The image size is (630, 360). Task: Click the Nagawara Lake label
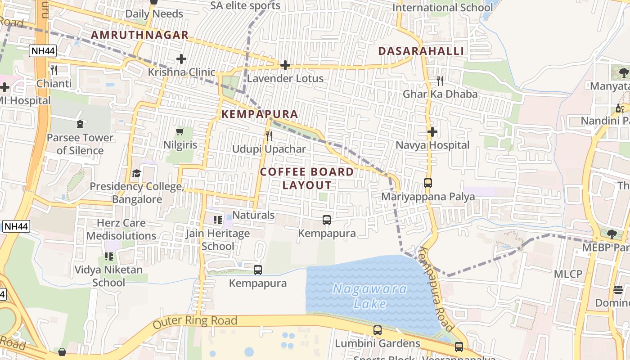(370, 296)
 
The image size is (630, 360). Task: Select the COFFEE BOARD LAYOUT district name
(307, 178)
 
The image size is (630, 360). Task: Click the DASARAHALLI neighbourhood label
(421, 51)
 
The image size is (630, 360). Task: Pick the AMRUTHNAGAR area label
(139, 35)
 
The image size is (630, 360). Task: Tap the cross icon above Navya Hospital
(432, 132)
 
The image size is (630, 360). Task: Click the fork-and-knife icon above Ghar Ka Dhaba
(440, 81)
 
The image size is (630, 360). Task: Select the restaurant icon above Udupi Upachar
(269, 135)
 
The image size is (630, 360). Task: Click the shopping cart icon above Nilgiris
(180, 131)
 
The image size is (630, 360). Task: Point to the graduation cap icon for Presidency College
(136, 173)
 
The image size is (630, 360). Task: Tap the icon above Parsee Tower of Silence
(80, 124)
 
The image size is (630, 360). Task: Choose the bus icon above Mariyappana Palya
(428, 183)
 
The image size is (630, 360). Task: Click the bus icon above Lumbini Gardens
(378, 330)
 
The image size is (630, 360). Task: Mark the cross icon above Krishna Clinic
(181, 59)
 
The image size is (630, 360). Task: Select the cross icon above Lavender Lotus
(285, 65)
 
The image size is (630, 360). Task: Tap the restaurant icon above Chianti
(54, 70)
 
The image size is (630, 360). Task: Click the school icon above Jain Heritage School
(218, 220)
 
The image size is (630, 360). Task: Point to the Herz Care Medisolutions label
(121, 229)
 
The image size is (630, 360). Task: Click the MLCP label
(568, 274)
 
